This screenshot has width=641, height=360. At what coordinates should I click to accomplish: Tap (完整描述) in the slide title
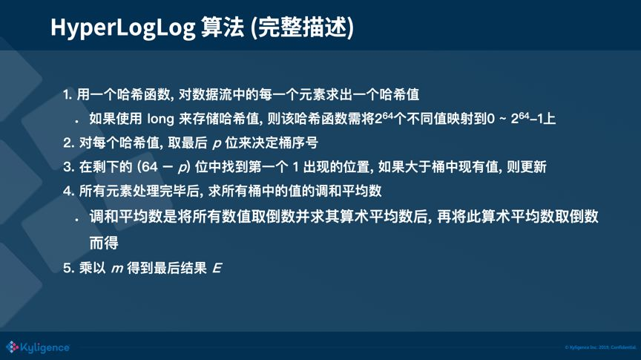click(x=303, y=27)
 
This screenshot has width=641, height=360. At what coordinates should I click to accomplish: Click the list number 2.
click(x=68, y=142)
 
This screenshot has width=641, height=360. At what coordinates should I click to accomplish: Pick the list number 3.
click(x=68, y=166)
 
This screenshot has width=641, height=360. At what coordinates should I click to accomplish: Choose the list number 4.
click(x=68, y=191)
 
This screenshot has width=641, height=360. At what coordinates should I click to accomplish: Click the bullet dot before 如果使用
click(x=76, y=120)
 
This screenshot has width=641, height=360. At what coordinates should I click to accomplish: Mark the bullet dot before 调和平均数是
click(x=76, y=219)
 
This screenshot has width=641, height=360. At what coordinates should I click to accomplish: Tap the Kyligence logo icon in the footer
click(x=12, y=347)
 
